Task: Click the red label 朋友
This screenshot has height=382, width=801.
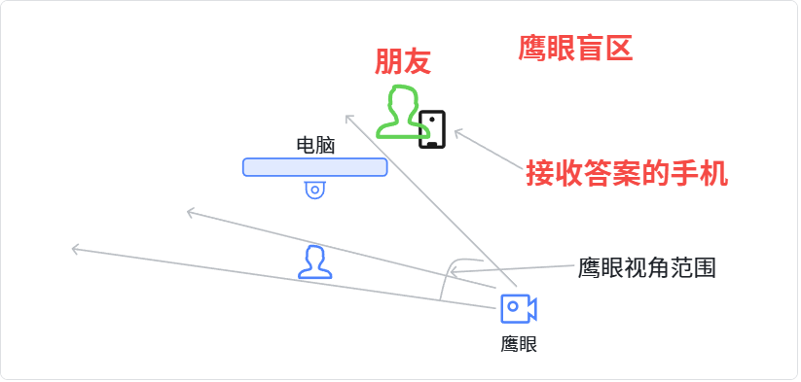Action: (403, 61)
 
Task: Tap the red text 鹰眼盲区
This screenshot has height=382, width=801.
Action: (576, 49)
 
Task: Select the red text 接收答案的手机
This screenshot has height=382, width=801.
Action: (627, 174)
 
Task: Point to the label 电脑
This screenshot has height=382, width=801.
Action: (315, 146)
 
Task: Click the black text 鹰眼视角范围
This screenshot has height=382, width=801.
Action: (646, 267)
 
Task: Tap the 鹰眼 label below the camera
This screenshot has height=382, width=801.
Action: (519, 345)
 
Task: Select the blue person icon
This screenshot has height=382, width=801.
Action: (315, 262)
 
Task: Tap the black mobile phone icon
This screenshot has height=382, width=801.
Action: (432, 129)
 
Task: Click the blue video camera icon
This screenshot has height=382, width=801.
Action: (519, 308)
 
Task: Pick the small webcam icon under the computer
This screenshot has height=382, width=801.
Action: (315, 190)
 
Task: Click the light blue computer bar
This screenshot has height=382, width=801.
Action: (314, 167)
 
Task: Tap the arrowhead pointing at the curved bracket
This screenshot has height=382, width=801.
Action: (453, 272)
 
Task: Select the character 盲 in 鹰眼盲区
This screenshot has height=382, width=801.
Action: (590, 49)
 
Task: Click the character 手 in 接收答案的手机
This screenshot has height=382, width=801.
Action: (684, 174)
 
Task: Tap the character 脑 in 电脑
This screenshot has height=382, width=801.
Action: (325, 146)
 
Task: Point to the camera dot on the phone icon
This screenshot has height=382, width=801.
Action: (432, 120)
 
